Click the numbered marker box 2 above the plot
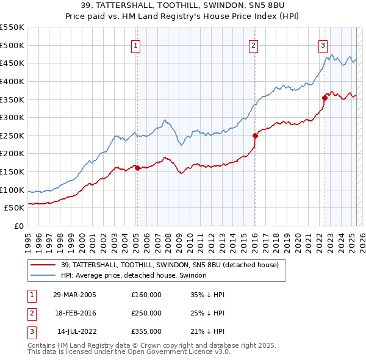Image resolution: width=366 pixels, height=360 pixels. [x=253, y=45]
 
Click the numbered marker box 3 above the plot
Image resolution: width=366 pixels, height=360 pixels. [x=323, y=45]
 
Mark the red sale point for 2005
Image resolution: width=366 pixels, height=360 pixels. [x=137, y=168]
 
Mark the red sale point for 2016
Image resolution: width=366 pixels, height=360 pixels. [x=255, y=135]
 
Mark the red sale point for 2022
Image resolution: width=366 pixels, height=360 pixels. [x=325, y=97]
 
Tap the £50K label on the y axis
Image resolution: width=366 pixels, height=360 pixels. [x=14, y=207]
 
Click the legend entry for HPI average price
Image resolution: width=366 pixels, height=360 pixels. [x=134, y=276]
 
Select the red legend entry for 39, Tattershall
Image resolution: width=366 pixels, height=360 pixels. [x=170, y=265]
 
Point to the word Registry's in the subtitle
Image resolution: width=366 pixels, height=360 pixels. [x=210, y=17]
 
